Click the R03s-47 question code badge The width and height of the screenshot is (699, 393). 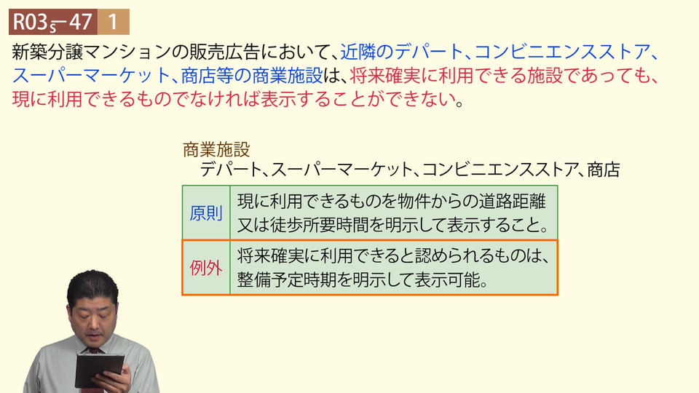pyautogui.click(x=53, y=22)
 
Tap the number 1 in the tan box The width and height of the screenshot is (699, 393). pyautogui.click(x=114, y=22)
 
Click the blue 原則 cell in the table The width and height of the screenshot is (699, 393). pyautogui.click(x=206, y=213)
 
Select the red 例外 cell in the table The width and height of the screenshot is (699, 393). pyautogui.click(x=206, y=268)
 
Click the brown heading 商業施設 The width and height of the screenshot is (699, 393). pyautogui.click(x=216, y=150)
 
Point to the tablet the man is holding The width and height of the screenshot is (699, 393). pyautogui.click(x=100, y=370)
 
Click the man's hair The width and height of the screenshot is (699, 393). pyautogui.click(x=92, y=288)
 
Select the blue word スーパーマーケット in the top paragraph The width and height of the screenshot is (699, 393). pyautogui.click(x=92, y=76)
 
